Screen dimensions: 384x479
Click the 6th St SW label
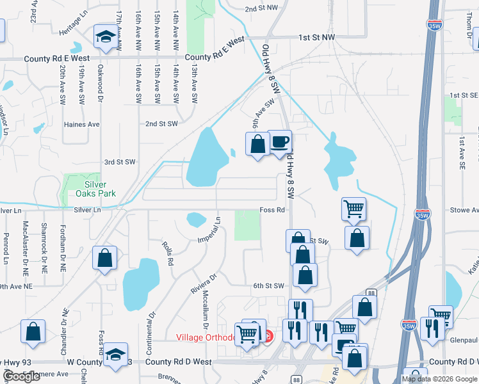point(268,286)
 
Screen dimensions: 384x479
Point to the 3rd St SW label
point(120,163)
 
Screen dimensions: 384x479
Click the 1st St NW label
point(316,38)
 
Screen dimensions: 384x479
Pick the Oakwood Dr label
point(100,86)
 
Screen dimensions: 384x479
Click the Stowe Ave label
point(465,210)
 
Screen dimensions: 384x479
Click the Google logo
point(22,376)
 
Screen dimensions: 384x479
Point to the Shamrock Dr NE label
point(44,239)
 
